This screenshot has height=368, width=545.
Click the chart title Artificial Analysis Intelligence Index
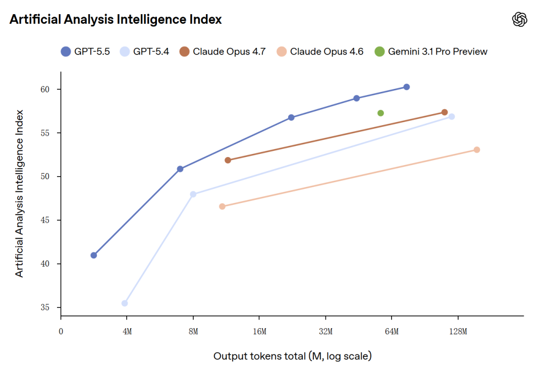(116, 20)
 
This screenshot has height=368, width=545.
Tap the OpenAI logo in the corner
(519, 20)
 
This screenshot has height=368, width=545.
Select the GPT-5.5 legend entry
(85, 51)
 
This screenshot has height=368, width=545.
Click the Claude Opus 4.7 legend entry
(223, 51)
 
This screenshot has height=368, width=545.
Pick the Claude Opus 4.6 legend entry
(320, 51)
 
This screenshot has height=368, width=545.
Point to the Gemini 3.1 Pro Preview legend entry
(431, 51)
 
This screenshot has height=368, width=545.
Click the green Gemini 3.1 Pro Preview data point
(380, 113)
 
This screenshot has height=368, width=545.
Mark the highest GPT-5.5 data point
(407, 87)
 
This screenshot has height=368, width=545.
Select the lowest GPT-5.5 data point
(94, 255)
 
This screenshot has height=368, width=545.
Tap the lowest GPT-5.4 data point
(125, 303)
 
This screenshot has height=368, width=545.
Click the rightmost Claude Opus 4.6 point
(477, 150)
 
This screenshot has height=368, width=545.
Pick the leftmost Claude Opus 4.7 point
(228, 161)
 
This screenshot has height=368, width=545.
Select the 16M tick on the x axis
(259, 332)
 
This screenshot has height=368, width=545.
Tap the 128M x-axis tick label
(458, 332)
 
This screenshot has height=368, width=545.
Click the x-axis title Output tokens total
(292, 356)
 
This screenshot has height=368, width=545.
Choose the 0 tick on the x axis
(61, 332)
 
